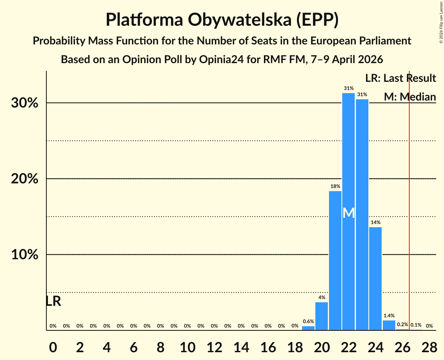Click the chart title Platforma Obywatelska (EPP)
[222, 19]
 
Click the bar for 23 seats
[362, 215]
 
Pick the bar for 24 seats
[375, 278]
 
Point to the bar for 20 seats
[322, 316]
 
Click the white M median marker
[348, 213]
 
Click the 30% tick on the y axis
[27, 103]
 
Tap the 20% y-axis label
[27, 179]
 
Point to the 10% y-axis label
[27, 255]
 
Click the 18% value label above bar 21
[335, 186]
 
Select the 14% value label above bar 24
[375, 222]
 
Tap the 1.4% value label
[389, 316]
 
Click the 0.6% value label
[308, 321]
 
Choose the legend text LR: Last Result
[400, 78]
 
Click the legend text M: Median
[410, 97]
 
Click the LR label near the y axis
[53, 301]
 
